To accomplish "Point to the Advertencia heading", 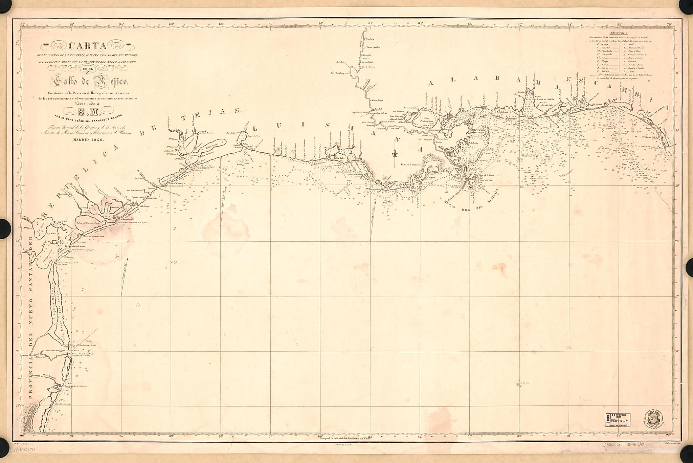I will [x=618, y=33].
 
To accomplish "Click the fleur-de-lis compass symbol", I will [x=395, y=153].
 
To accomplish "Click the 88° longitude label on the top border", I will [x=221, y=24].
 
